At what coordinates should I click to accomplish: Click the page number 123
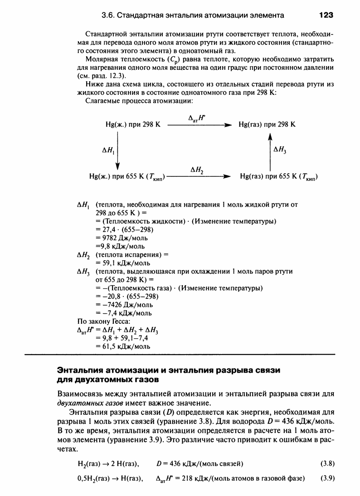(326, 15)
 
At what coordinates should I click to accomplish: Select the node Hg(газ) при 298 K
(267, 124)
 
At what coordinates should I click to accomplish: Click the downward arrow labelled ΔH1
(118, 150)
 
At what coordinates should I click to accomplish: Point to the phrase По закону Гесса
(105, 322)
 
